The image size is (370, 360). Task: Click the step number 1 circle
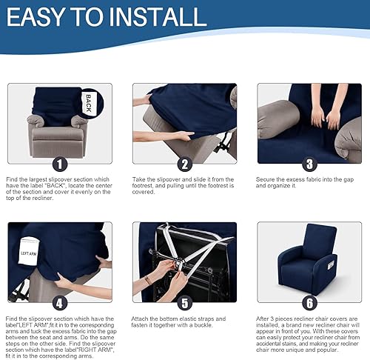click(59, 164)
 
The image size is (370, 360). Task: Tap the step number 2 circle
click(184, 164)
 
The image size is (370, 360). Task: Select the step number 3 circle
click(309, 164)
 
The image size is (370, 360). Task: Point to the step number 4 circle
click(59, 302)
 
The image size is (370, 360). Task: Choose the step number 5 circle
click(184, 302)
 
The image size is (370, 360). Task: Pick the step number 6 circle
click(309, 302)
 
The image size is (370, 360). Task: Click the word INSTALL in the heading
click(158, 17)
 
